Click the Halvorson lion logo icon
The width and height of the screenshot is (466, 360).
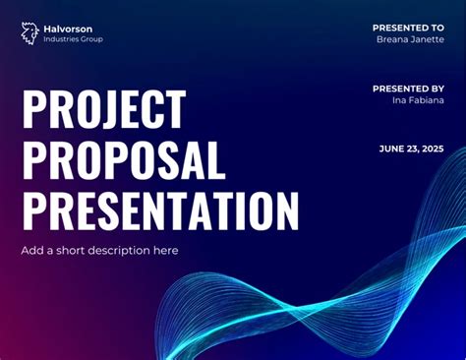(x=29, y=33)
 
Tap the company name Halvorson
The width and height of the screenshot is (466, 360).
(x=70, y=29)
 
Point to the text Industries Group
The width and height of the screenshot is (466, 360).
(x=73, y=39)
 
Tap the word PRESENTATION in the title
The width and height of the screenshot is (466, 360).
(x=160, y=210)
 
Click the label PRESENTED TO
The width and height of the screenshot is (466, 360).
(x=408, y=28)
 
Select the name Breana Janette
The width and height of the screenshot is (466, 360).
(x=410, y=39)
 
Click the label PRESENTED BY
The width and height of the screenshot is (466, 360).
(x=408, y=89)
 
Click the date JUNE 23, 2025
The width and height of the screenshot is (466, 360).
(x=411, y=150)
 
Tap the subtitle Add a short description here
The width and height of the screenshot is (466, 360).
(x=99, y=251)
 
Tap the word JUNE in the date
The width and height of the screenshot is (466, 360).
(x=390, y=150)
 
